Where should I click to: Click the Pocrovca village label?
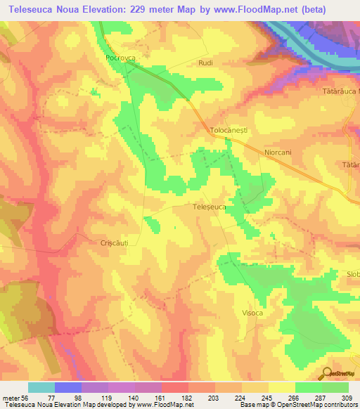[x=120, y=58]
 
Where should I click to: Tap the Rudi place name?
[x=206, y=63]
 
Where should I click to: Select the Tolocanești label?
[x=231, y=131]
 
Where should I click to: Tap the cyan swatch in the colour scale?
[x=41, y=387]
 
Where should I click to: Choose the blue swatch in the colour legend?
[x=68, y=387]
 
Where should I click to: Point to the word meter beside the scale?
[x=12, y=397]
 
